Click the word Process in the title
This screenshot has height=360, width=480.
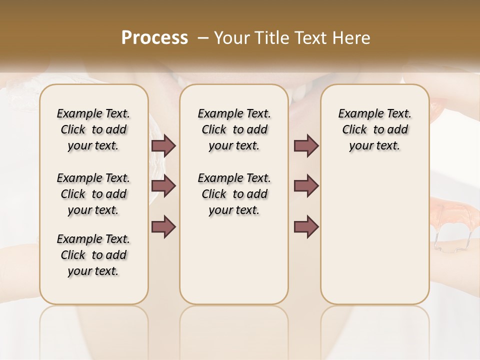coord(154,38)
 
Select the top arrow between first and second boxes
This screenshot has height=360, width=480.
coord(163,145)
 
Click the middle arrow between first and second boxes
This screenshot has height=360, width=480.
coord(163,186)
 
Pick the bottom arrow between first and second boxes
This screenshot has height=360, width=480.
coord(163,226)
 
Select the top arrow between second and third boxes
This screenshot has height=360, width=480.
coord(306,145)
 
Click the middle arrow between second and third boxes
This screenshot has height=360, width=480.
coord(306,186)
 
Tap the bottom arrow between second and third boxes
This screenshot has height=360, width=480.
coord(306,226)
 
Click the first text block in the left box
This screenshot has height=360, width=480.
coord(93,129)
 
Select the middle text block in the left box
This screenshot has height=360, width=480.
coord(93,194)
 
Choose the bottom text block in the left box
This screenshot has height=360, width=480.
coord(93,255)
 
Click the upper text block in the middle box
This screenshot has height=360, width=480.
coord(234,129)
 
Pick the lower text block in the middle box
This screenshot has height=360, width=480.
coord(234,194)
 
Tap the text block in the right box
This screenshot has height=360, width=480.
coord(375,129)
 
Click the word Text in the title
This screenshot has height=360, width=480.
coord(310,38)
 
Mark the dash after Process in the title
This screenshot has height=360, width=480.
coord(202,38)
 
